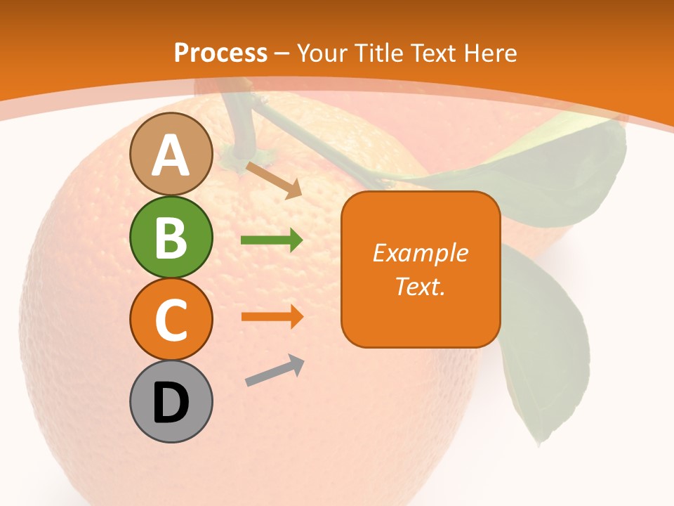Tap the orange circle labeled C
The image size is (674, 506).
[x=171, y=319]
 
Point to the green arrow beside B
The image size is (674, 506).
[x=272, y=240]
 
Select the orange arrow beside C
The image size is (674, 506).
[x=272, y=316]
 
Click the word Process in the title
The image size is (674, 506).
[x=220, y=53]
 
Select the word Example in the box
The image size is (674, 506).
[x=420, y=253]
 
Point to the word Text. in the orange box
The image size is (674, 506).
[x=420, y=286]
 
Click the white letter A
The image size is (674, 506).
[x=171, y=155]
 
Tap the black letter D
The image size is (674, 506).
[x=171, y=403]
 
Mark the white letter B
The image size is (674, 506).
[x=171, y=238]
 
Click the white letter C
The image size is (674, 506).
[x=171, y=320]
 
